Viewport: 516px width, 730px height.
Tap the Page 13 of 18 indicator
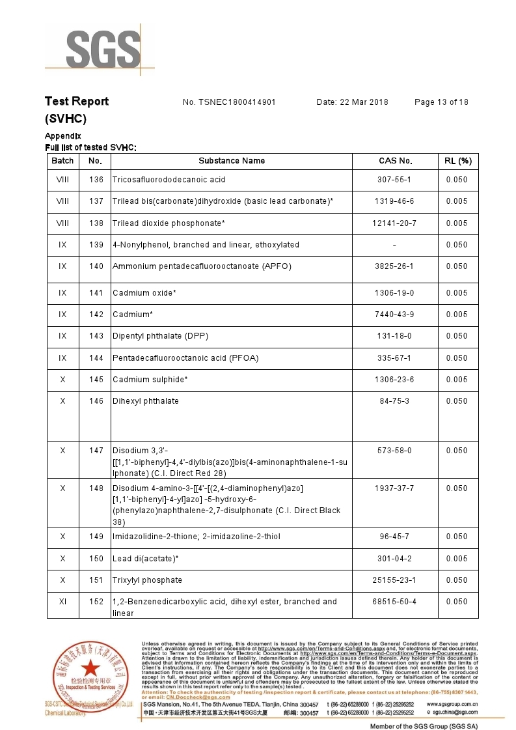tap(441, 102)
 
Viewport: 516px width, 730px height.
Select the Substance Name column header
tap(232, 161)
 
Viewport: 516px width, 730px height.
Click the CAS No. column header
tap(396, 161)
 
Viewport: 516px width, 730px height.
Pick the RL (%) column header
tap(457, 161)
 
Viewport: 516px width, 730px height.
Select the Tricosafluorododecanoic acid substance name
tap(169, 180)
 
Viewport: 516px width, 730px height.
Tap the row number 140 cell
tap(96, 266)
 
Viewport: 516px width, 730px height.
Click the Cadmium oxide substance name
tap(144, 293)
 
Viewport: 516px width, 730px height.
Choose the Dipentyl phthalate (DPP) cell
tap(160, 336)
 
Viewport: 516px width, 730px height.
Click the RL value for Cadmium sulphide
tap(457, 380)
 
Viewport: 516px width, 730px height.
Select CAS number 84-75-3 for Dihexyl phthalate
tap(395, 401)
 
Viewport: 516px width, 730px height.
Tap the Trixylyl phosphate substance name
tap(147, 580)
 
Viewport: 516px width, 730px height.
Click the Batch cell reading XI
tap(62, 602)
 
